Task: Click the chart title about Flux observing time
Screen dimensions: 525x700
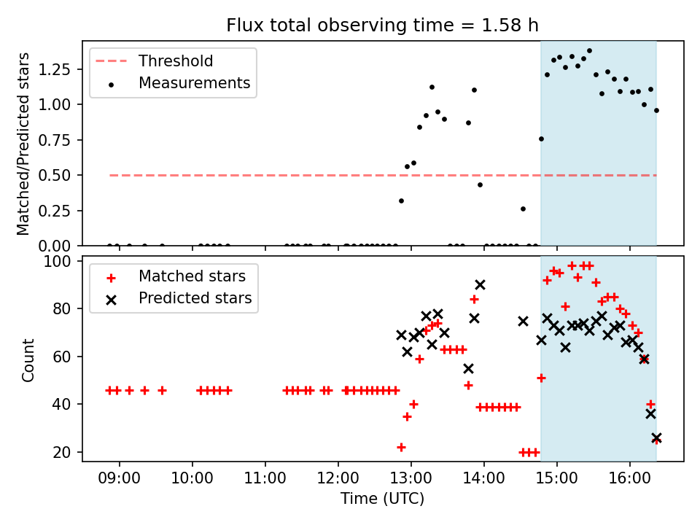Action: (383, 26)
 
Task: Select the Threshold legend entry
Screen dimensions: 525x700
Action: (176, 61)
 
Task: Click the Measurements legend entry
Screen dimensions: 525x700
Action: (194, 83)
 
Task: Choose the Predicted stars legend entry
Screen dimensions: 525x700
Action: (195, 298)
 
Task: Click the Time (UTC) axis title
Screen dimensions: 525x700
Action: (383, 499)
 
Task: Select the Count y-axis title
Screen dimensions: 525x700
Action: (28, 359)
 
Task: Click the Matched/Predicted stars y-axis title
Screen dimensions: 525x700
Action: (23, 144)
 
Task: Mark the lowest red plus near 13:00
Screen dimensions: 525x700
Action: (401, 447)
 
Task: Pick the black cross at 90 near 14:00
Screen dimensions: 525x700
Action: (480, 284)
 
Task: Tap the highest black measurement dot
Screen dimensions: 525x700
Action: (589, 51)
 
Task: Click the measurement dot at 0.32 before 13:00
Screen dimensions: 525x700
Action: (401, 201)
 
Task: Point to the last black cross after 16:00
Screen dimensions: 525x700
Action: (656, 437)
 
